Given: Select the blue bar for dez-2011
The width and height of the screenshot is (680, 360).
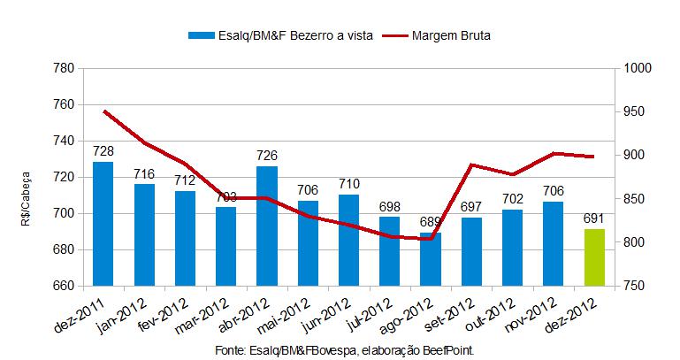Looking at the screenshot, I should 103,224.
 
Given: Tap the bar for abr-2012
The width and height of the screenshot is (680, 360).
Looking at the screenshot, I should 267,226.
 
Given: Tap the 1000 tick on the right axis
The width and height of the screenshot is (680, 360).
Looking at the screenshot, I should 637,68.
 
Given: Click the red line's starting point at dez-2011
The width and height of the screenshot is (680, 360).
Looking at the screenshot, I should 103,111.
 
